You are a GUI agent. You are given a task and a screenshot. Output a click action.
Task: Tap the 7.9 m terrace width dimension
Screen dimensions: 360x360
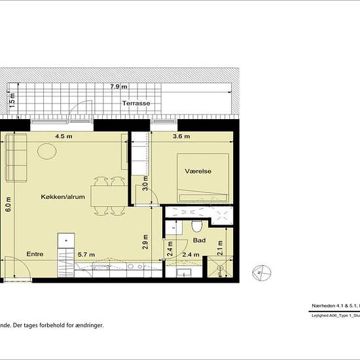coord(118,86)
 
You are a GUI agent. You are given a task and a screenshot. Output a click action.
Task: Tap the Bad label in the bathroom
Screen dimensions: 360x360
coord(200,240)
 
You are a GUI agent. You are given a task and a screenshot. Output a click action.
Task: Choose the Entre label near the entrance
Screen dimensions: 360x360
coord(35,254)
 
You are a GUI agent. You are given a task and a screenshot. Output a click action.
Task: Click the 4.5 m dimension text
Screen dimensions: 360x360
coord(63,137)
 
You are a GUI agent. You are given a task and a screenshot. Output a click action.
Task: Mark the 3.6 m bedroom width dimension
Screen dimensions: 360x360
coord(181,137)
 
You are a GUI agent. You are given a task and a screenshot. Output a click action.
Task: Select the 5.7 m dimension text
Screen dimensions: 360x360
coord(86,254)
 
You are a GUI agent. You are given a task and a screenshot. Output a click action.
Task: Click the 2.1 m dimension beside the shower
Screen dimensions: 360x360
coord(221,247)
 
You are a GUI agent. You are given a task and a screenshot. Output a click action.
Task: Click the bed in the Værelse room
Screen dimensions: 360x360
coord(203,177)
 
